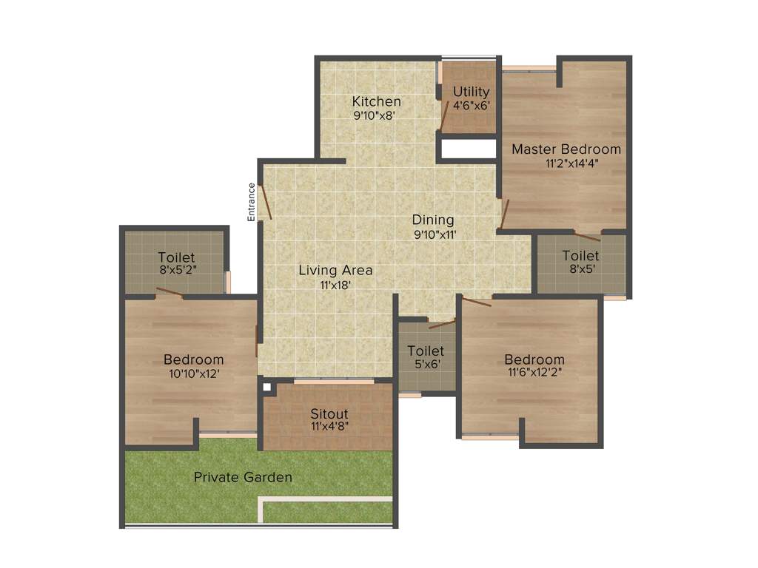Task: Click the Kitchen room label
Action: click(376, 101)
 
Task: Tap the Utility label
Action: click(472, 92)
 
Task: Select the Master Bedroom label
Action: click(566, 149)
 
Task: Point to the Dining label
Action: click(433, 220)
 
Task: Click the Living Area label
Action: click(335, 270)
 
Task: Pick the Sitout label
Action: click(329, 413)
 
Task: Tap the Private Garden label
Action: click(243, 477)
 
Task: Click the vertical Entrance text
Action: click(251, 202)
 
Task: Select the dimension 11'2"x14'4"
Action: click(566, 163)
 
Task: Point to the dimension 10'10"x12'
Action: click(193, 373)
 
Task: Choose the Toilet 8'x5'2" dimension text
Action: click(176, 270)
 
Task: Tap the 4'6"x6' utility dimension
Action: click(472, 105)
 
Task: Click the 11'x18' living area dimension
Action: click(335, 284)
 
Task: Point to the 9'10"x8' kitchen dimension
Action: click(376, 115)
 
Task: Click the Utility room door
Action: click(446, 116)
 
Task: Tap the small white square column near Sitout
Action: click(265, 385)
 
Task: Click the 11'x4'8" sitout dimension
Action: click(329, 426)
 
